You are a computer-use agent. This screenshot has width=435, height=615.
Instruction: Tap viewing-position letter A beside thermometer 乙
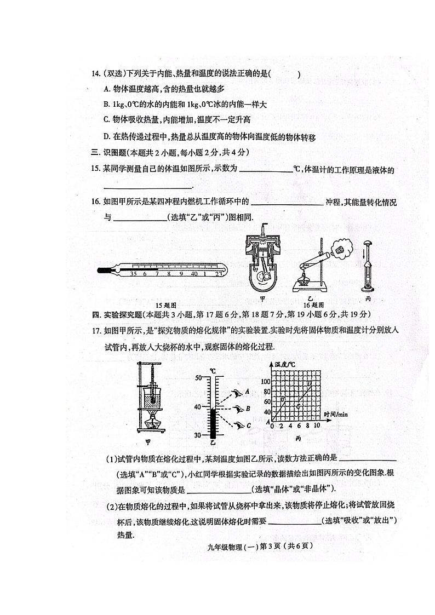[248, 391]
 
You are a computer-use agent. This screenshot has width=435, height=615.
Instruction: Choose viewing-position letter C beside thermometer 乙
[248, 425]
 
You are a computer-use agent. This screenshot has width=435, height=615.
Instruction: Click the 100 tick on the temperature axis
[266, 381]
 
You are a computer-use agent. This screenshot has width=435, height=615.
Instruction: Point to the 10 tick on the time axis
[316, 426]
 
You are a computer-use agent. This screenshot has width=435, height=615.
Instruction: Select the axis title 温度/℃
[285, 364]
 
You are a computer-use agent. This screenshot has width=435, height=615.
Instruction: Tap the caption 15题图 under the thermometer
[165, 304]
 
